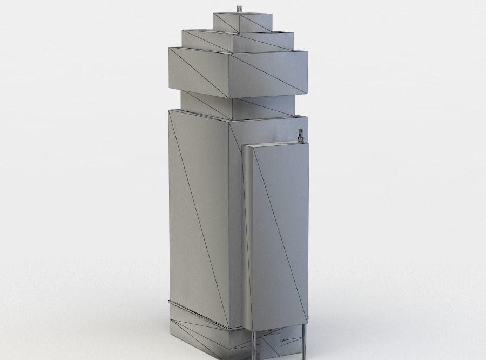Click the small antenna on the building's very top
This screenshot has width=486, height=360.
coord(239,8)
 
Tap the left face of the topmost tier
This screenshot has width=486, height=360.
coord(226,21)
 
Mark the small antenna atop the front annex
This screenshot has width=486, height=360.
coord(301,134)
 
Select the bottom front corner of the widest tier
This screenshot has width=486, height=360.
coord(229,99)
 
